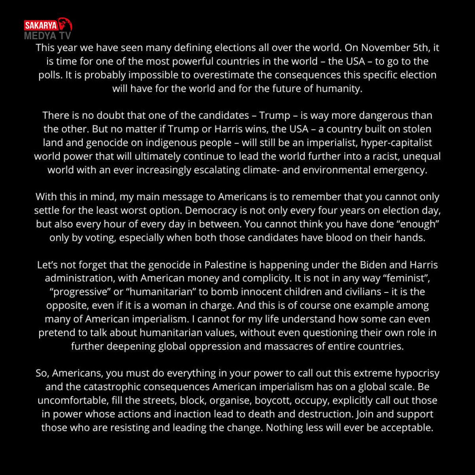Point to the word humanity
[342, 88]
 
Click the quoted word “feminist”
[406, 278]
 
